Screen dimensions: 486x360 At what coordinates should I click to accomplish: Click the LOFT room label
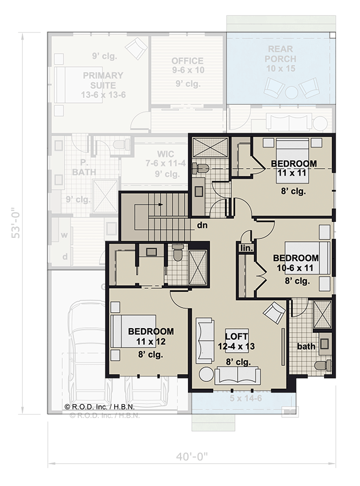(237, 337)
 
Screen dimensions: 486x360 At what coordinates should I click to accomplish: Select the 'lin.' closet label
(246, 248)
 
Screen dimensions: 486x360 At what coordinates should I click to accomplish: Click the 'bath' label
(306, 346)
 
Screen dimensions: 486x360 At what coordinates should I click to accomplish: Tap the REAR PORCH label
(280, 54)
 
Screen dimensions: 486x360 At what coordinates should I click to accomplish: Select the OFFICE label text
(187, 61)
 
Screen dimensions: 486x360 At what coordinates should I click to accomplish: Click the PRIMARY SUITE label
(103, 79)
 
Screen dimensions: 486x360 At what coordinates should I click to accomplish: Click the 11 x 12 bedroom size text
(151, 341)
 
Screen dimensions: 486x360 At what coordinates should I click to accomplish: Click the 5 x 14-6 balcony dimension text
(243, 398)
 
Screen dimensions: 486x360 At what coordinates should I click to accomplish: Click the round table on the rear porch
(291, 90)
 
